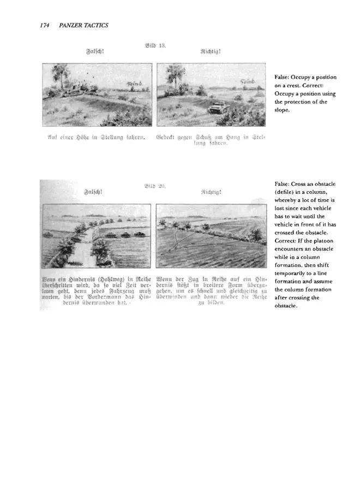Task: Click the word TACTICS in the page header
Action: (x=97, y=26)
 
